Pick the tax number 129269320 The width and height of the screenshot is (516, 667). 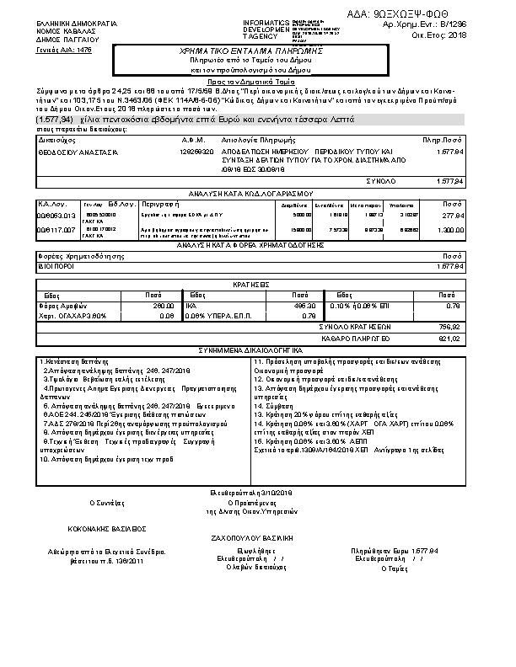click(x=197, y=152)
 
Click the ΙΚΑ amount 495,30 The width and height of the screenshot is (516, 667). click(x=306, y=306)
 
